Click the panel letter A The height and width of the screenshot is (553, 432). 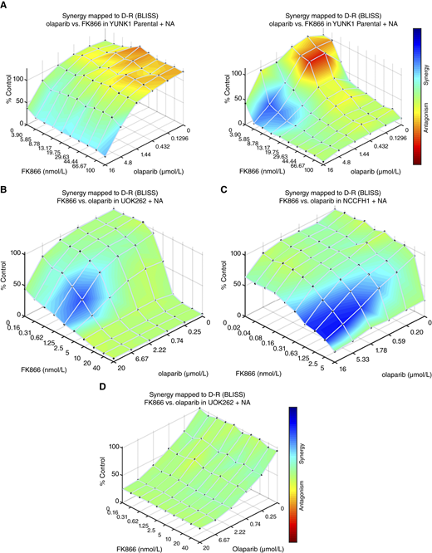[x=5, y=5]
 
